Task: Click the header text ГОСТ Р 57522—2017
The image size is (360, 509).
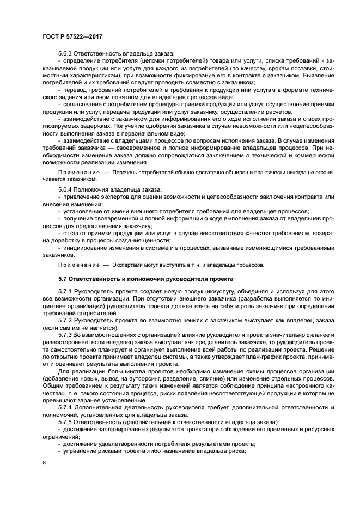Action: pyautogui.click(x=72, y=36)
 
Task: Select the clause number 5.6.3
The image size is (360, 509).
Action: pyautogui.click(x=66, y=53)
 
